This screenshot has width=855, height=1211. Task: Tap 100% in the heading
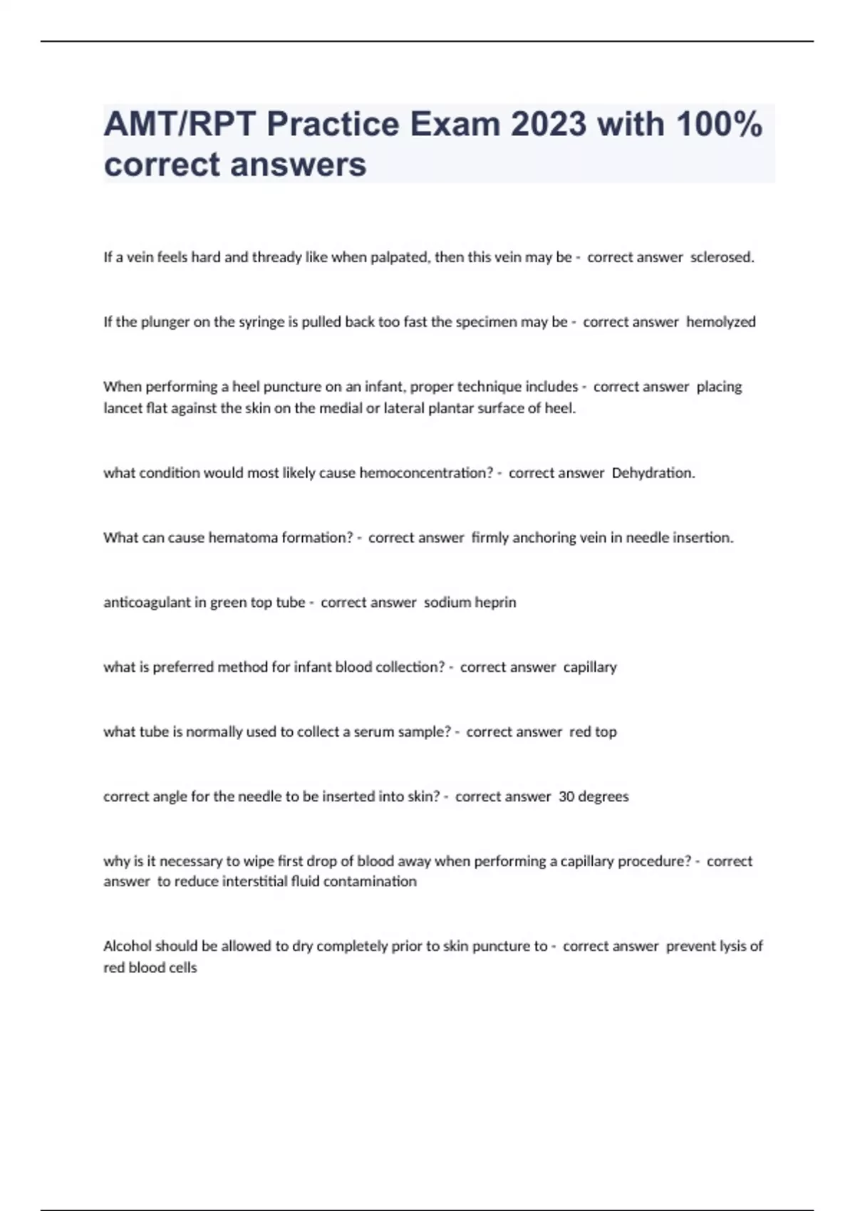point(719,125)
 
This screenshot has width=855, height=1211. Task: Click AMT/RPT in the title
point(180,125)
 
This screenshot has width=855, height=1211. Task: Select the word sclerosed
point(722,257)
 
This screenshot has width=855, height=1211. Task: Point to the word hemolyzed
point(720,322)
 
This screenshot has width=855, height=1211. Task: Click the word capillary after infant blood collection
point(590,667)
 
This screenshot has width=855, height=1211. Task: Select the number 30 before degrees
point(566,796)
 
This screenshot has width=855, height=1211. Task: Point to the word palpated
point(400,257)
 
